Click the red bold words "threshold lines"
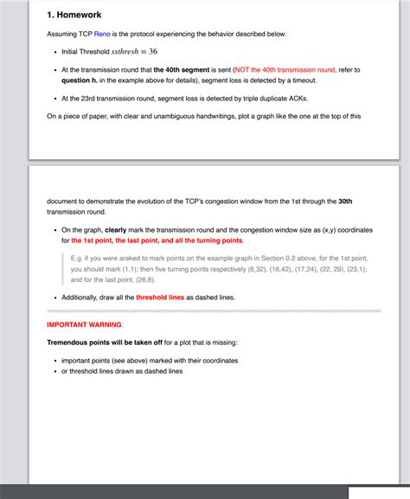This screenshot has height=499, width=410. pyautogui.click(x=160, y=297)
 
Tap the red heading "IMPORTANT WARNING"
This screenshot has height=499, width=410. pyautogui.click(x=84, y=324)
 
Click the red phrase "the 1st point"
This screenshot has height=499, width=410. pyautogui.click(x=95, y=240)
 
